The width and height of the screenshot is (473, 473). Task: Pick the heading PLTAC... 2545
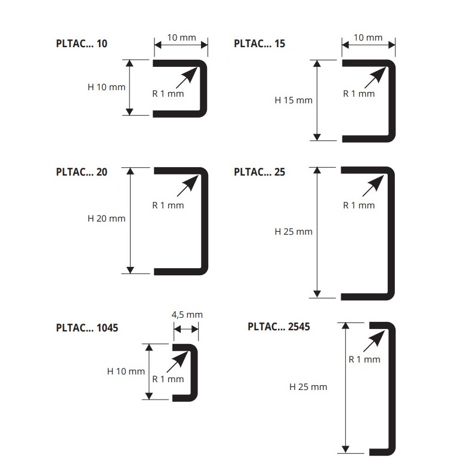278,326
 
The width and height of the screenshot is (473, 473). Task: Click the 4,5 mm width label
187,315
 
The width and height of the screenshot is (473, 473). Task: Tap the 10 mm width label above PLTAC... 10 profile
181,38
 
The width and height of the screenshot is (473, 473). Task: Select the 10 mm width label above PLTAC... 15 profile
368,38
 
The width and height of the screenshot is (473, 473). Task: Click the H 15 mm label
293,100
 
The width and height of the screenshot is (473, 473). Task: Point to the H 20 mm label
106,219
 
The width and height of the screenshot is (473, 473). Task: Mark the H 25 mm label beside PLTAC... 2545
308,387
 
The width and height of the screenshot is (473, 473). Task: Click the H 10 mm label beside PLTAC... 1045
126,371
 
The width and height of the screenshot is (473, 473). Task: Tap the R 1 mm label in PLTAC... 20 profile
168,205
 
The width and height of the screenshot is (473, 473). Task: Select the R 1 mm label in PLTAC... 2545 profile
364,360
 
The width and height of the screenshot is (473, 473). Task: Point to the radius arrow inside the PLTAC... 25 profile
374,186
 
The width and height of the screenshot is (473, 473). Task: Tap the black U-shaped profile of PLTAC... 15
393,100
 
